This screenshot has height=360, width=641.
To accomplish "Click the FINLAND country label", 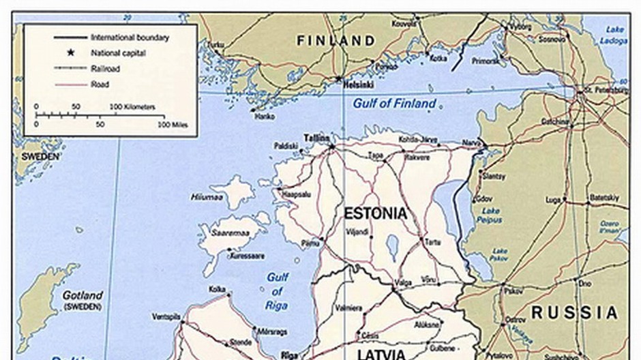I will coord(336,41).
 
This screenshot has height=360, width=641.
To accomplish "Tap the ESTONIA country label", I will coord(375,213).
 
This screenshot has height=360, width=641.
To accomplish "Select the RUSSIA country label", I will coord(574,313).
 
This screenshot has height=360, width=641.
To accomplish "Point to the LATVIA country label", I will coord(382,354).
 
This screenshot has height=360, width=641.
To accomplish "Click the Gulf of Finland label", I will coord(393,104).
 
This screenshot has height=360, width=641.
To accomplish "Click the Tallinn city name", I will coord(316,137).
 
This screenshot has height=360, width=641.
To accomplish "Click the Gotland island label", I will coord(83,296).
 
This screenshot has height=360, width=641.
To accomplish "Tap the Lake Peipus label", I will coord(489,215).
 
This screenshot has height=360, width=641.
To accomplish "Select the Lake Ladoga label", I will coord(614,35).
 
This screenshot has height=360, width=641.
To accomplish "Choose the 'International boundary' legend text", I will coord(130,37).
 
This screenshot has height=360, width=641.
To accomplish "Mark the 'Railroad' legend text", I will coord(106,68).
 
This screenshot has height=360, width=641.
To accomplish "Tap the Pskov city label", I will coord(513,290).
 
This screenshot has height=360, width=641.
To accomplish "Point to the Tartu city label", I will coord(432,242).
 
